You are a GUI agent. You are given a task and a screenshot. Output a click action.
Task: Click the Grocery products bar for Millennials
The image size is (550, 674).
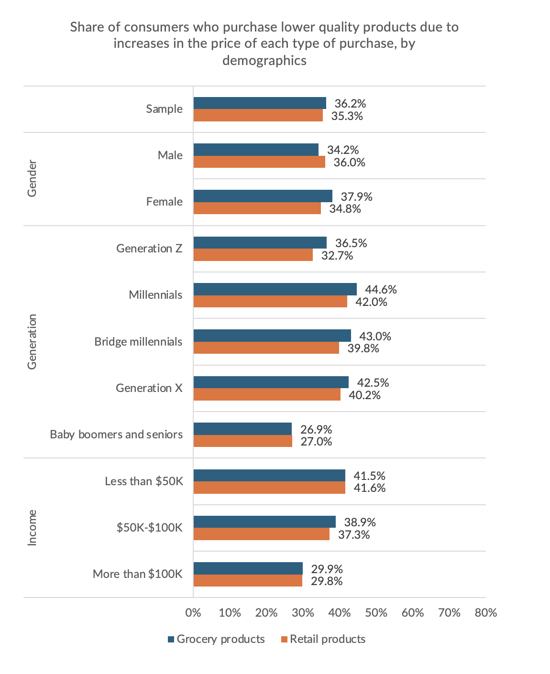[275, 289]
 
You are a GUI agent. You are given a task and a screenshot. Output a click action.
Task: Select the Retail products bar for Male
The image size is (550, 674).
[259, 162]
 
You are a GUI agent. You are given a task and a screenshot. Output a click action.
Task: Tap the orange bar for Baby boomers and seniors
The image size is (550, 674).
[242, 441]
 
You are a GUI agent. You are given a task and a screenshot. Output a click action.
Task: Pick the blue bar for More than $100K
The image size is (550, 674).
[248, 568]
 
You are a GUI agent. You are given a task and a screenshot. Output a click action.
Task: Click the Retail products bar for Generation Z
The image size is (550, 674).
[253, 255]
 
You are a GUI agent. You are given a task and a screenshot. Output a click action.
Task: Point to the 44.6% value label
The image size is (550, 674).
[381, 289]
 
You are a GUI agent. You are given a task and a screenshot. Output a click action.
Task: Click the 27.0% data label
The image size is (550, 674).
[316, 441]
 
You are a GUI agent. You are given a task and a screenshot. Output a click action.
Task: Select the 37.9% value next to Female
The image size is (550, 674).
[356, 196]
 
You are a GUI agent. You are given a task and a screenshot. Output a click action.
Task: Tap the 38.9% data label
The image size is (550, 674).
[360, 522]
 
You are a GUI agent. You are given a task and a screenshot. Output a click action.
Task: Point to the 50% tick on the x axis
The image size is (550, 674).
[376, 612]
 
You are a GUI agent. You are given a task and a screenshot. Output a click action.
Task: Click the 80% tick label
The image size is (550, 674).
[486, 612]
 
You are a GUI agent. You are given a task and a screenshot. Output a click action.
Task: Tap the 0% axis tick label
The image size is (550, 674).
[193, 612]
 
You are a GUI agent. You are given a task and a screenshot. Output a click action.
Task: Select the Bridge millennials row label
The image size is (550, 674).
[138, 341]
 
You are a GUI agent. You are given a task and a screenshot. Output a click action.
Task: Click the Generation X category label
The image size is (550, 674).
[149, 388]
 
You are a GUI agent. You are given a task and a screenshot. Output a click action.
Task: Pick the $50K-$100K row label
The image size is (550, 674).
[149, 527]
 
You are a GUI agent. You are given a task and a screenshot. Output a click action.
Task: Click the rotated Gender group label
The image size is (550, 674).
[32, 179]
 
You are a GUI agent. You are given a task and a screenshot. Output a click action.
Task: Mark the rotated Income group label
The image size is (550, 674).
[32, 527]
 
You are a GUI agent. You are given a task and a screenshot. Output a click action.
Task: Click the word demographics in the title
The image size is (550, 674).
[264, 61]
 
